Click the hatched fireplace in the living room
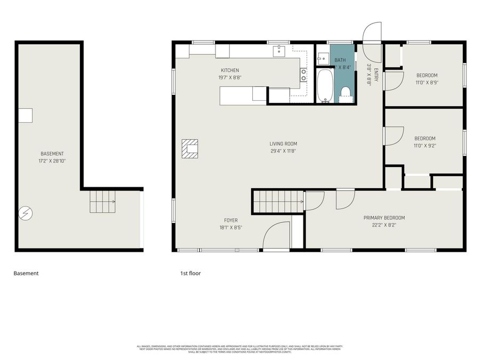click(x=189, y=149)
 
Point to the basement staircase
click(x=102, y=202)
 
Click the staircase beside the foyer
click(x=278, y=202)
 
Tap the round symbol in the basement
click(x=25, y=213)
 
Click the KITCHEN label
click(x=230, y=70)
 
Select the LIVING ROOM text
click(x=283, y=143)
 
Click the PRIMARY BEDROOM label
click(x=384, y=218)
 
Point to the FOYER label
click(x=230, y=220)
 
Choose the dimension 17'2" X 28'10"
click(x=52, y=161)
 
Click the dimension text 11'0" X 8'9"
click(x=427, y=83)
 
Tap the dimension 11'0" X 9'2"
click(x=425, y=146)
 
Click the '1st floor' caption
click(x=190, y=274)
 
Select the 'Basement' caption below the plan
click(x=26, y=274)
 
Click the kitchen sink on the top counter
click(x=279, y=51)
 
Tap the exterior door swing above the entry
click(x=372, y=33)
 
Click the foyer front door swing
click(x=276, y=236)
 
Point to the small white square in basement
click(x=25, y=116)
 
